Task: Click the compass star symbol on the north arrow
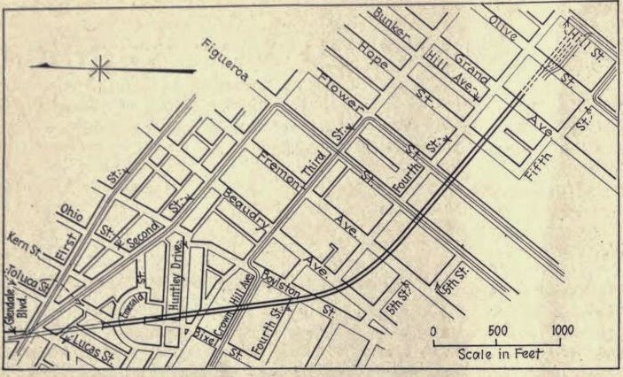pos(99,69)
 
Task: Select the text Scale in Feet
pos(500,353)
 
